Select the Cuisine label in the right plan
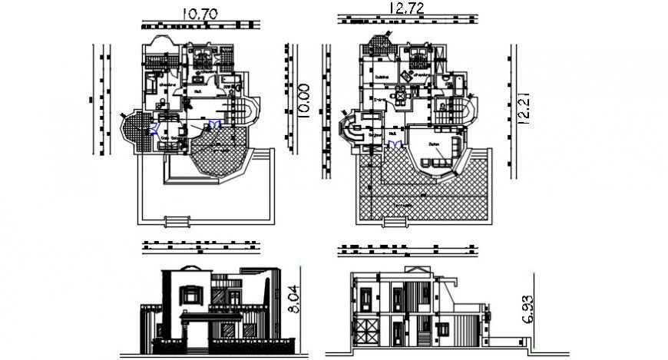pyautogui.click(x=382, y=77)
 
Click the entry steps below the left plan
pyautogui.click(x=177, y=222)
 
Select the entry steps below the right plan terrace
pyautogui.click(x=396, y=222)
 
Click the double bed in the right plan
pyautogui.click(x=419, y=58)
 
